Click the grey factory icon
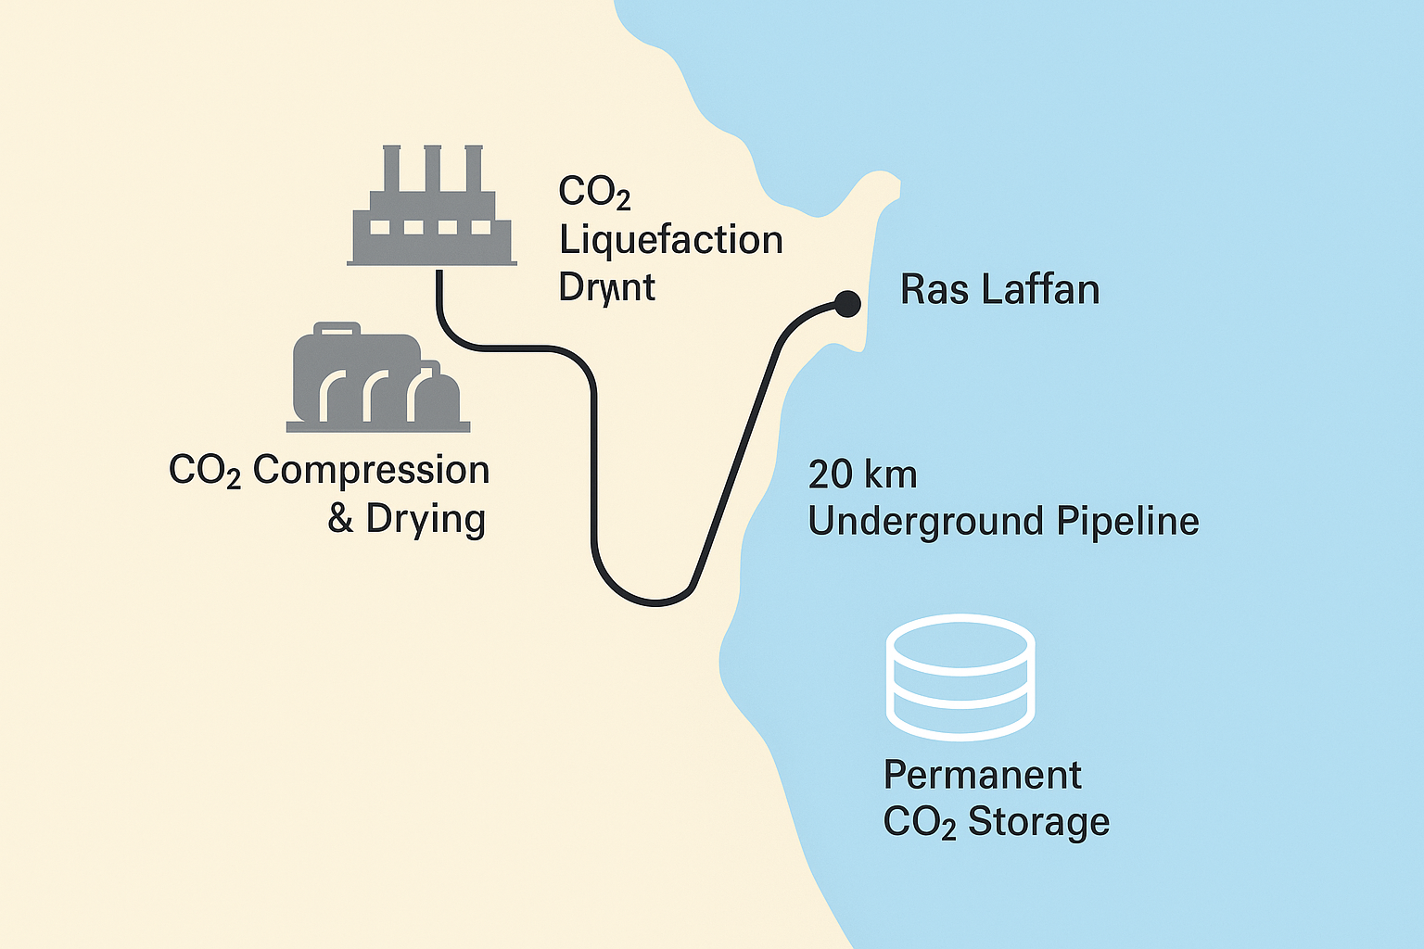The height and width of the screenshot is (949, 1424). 432,219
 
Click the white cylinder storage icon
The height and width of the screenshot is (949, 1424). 960,677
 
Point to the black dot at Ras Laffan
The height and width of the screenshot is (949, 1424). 847,302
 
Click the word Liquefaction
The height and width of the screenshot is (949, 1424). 671,241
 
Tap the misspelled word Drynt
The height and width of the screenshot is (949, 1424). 606,288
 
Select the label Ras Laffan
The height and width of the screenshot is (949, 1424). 999,290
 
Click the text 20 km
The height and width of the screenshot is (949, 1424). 862,474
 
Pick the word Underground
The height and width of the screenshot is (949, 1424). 926,522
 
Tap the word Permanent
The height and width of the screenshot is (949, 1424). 982,775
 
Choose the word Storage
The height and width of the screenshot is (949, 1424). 1038,822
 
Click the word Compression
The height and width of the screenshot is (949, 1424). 371,471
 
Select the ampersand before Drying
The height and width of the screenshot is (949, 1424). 340,519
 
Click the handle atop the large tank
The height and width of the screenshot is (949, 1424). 337,327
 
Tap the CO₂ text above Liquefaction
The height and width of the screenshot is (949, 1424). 594,193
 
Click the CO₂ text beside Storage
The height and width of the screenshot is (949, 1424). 919,822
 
